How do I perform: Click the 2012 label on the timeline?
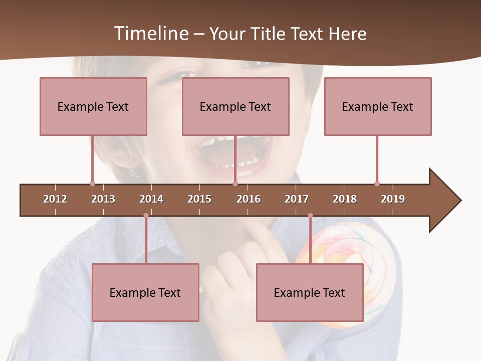pyautogui.click(x=55, y=199)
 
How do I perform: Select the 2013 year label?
pyautogui.click(x=103, y=199)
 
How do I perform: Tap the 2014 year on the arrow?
pyautogui.click(x=151, y=199)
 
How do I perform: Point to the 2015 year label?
pyautogui.click(x=199, y=199)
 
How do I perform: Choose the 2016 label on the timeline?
pyautogui.click(x=249, y=199)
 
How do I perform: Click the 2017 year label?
pyautogui.click(x=297, y=199)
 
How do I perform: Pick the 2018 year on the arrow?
pyautogui.click(x=345, y=199)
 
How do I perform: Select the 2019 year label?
pyautogui.click(x=393, y=199)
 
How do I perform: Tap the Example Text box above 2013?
pyautogui.click(x=93, y=106)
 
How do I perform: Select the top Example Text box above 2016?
pyautogui.click(x=235, y=106)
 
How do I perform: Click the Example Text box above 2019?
pyautogui.click(x=378, y=106)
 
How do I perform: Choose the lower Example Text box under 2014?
pyautogui.click(x=145, y=292)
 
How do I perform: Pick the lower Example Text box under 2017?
pyautogui.click(x=310, y=292)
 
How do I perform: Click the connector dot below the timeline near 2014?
pyautogui.click(x=146, y=216)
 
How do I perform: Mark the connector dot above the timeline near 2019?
pyautogui.click(x=377, y=184)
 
